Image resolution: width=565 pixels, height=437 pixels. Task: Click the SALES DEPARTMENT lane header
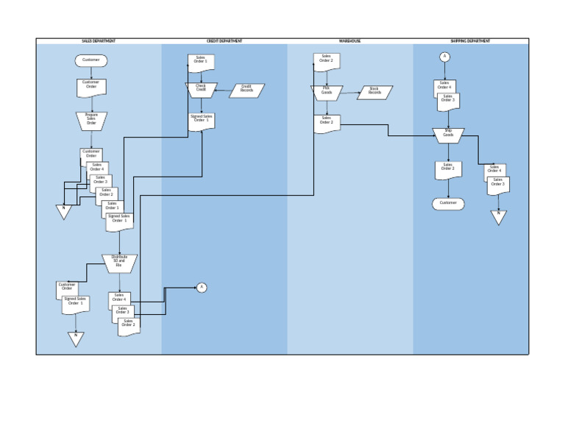tap(99, 41)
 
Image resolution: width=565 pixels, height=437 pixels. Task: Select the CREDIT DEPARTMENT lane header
tap(224, 41)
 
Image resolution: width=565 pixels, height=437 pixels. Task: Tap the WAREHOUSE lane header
tap(349, 41)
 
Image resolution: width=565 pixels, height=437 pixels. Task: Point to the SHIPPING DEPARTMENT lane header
tap(470, 41)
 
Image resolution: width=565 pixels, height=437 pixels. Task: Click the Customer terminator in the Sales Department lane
tap(91, 60)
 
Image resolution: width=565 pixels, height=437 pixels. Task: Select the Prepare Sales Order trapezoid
tap(91, 120)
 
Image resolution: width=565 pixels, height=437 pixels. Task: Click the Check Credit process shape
tap(201, 90)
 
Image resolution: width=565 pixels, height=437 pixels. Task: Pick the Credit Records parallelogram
tap(246, 90)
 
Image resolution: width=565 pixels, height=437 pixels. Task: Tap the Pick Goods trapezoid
tap(327, 92)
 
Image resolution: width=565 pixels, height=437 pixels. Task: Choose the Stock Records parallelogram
tap(374, 92)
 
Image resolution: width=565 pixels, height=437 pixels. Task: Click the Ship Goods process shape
tap(448, 135)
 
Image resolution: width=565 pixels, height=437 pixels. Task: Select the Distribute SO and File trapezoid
tap(119, 263)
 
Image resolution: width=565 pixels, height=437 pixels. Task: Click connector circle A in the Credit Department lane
tap(202, 288)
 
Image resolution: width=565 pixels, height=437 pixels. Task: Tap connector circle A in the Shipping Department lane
tap(444, 57)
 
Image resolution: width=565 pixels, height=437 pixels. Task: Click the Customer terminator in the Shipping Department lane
tap(448, 203)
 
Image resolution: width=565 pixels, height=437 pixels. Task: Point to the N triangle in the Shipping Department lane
tap(499, 216)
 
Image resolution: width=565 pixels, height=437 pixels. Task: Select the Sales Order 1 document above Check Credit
tap(201, 63)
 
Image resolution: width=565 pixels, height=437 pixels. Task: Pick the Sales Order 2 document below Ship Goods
tap(448, 169)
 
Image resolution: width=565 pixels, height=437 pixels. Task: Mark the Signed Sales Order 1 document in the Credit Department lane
tap(201, 121)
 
